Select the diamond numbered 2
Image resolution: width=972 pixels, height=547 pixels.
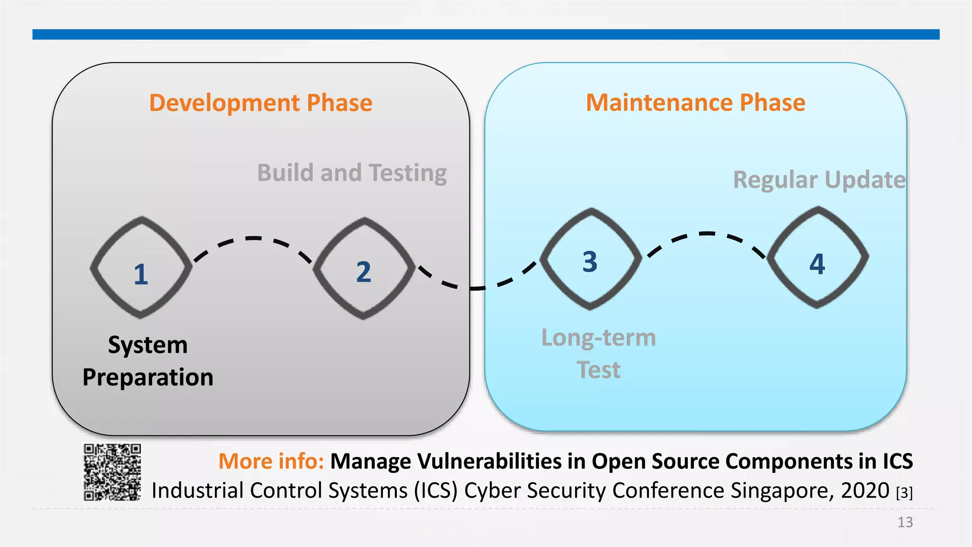[x=364, y=269]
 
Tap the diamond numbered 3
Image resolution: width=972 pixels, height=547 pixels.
[x=590, y=259]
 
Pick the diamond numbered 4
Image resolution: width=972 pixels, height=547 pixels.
[x=817, y=258]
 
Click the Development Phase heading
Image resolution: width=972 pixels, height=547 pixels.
[x=261, y=103]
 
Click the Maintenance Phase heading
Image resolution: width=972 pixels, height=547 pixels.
[x=695, y=103]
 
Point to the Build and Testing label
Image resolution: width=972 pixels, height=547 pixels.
[x=352, y=173]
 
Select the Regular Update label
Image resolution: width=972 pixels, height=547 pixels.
[x=819, y=180]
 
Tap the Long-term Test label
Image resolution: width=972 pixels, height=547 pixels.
[x=598, y=353]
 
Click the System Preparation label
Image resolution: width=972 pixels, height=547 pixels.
[x=148, y=361]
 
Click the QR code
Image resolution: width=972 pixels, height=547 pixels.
[x=112, y=472]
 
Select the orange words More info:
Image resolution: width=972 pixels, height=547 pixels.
[x=271, y=461]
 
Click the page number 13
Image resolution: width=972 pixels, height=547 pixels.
[x=905, y=522]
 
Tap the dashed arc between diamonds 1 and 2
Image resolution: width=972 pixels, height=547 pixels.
[x=253, y=238]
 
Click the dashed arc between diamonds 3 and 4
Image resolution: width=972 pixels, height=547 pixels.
[x=707, y=234]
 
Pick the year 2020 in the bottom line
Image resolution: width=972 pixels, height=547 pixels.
[x=865, y=490]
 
